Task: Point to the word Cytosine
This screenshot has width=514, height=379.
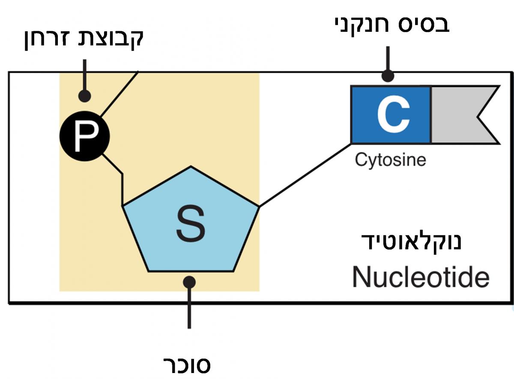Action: point(390,160)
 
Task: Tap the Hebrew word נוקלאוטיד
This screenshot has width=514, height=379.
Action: point(411,242)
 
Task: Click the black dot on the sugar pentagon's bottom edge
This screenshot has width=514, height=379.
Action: point(189,282)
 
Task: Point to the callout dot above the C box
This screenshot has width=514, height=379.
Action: point(388,76)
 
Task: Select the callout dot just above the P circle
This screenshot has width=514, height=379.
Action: point(85,95)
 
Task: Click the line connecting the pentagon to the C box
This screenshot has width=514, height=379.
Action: point(304,175)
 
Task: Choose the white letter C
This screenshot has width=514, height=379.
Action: point(393,114)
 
